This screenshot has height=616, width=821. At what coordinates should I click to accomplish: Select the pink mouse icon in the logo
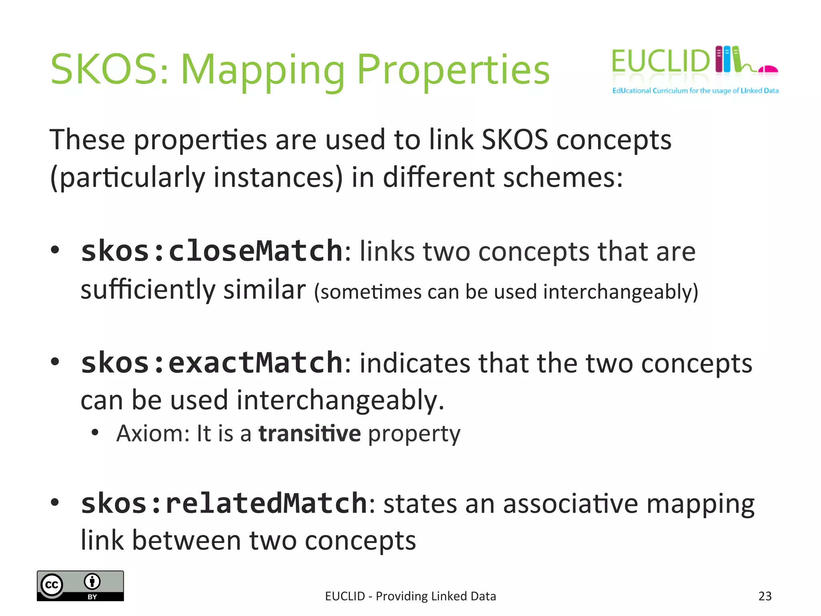click(768, 70)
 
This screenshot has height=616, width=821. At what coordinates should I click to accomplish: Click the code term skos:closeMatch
click(212, 251)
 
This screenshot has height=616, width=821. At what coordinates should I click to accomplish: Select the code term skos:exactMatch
click(212, 363)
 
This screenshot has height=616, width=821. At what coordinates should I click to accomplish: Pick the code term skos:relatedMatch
click(224, 503)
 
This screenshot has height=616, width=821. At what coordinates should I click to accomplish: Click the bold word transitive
click(309, 434)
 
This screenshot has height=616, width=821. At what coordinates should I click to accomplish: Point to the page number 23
click(765, 596)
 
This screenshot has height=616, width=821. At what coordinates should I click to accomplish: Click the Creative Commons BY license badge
click(80, 586)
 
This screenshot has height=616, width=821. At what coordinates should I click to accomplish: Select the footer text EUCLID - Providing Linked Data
click(410, 596)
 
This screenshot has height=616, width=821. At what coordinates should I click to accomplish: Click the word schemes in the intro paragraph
click(563, 177)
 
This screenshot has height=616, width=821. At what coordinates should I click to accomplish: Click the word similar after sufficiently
click(265, 290)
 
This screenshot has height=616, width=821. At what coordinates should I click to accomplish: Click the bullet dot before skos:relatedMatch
click(55, 502)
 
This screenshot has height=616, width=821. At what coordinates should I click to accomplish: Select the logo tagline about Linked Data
click(695, 91)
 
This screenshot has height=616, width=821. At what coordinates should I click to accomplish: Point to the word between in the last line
click(186, 541)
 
